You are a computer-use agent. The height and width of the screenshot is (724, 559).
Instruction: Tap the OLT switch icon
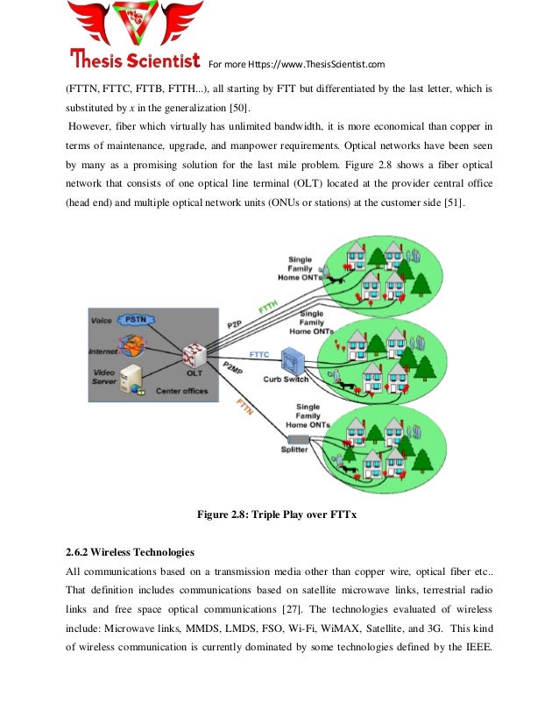(194, 355)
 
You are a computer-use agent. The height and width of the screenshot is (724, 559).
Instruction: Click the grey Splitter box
(297, 437)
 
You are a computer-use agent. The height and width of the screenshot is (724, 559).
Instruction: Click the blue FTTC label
(259, 354)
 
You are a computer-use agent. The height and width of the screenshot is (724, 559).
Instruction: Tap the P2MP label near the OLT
(234, 368)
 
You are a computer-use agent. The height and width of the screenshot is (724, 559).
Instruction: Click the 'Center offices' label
(182, 391)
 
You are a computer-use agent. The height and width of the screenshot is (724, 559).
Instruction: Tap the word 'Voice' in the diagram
(102, 321)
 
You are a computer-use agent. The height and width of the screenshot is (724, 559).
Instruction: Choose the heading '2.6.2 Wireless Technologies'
(130, 553)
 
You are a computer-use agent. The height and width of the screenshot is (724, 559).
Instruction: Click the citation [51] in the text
(455, 203)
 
